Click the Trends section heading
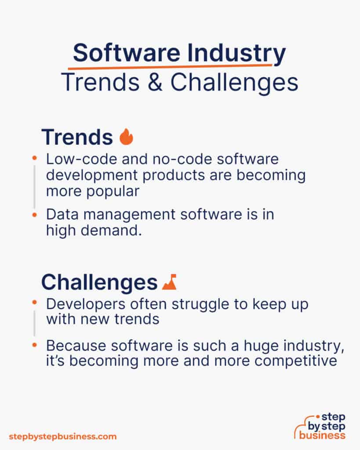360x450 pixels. coord(77,137)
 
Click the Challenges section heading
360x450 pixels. coord(99,283)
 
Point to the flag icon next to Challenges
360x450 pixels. coord(169,282)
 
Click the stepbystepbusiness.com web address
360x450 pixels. coord(63,436)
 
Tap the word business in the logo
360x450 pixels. coord(322,435)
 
